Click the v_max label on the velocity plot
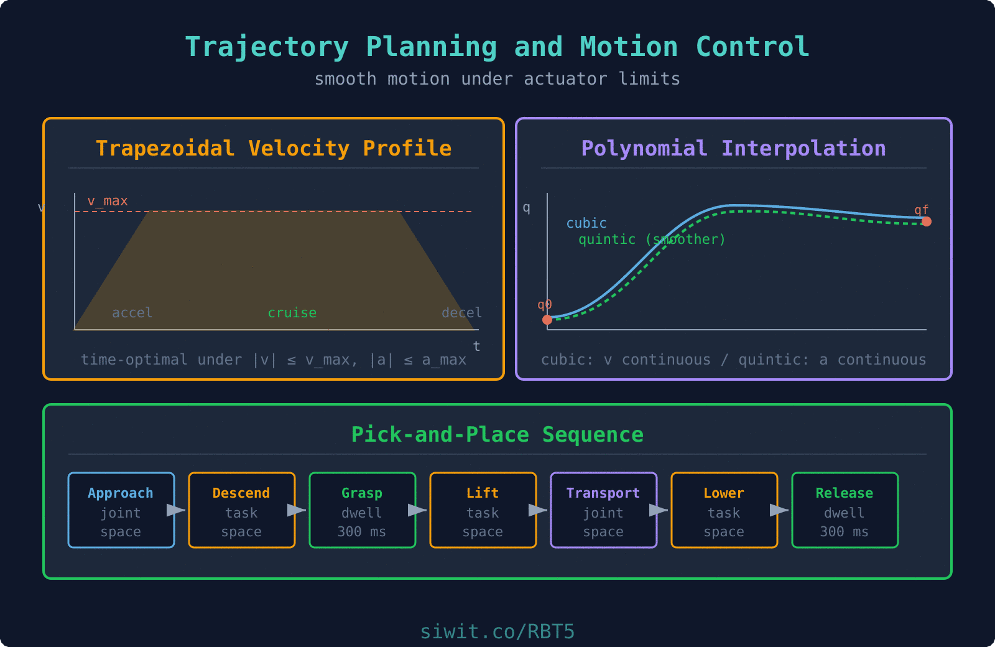click(108, 201)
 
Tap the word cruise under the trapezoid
click(292, 313)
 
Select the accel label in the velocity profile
click(132, 313)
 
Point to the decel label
click(461, 313)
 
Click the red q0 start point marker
click(547, 320)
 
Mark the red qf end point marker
click(927, 221)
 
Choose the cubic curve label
click(586, 223)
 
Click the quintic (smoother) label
click(652, 240)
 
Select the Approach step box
click(121, 510)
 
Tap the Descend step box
click(242, 510)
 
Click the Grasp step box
click(363, 510)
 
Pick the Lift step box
click(483, 510)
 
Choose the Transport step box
click(604, 510)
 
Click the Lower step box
click(724, 510)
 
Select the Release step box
click(845, 510)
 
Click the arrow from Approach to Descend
click(177, 510)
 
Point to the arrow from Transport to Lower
click(659, 510)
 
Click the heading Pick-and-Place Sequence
click(497, 434)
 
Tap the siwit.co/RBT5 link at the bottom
click(497, 631)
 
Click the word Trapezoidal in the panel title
click(165, 149)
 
